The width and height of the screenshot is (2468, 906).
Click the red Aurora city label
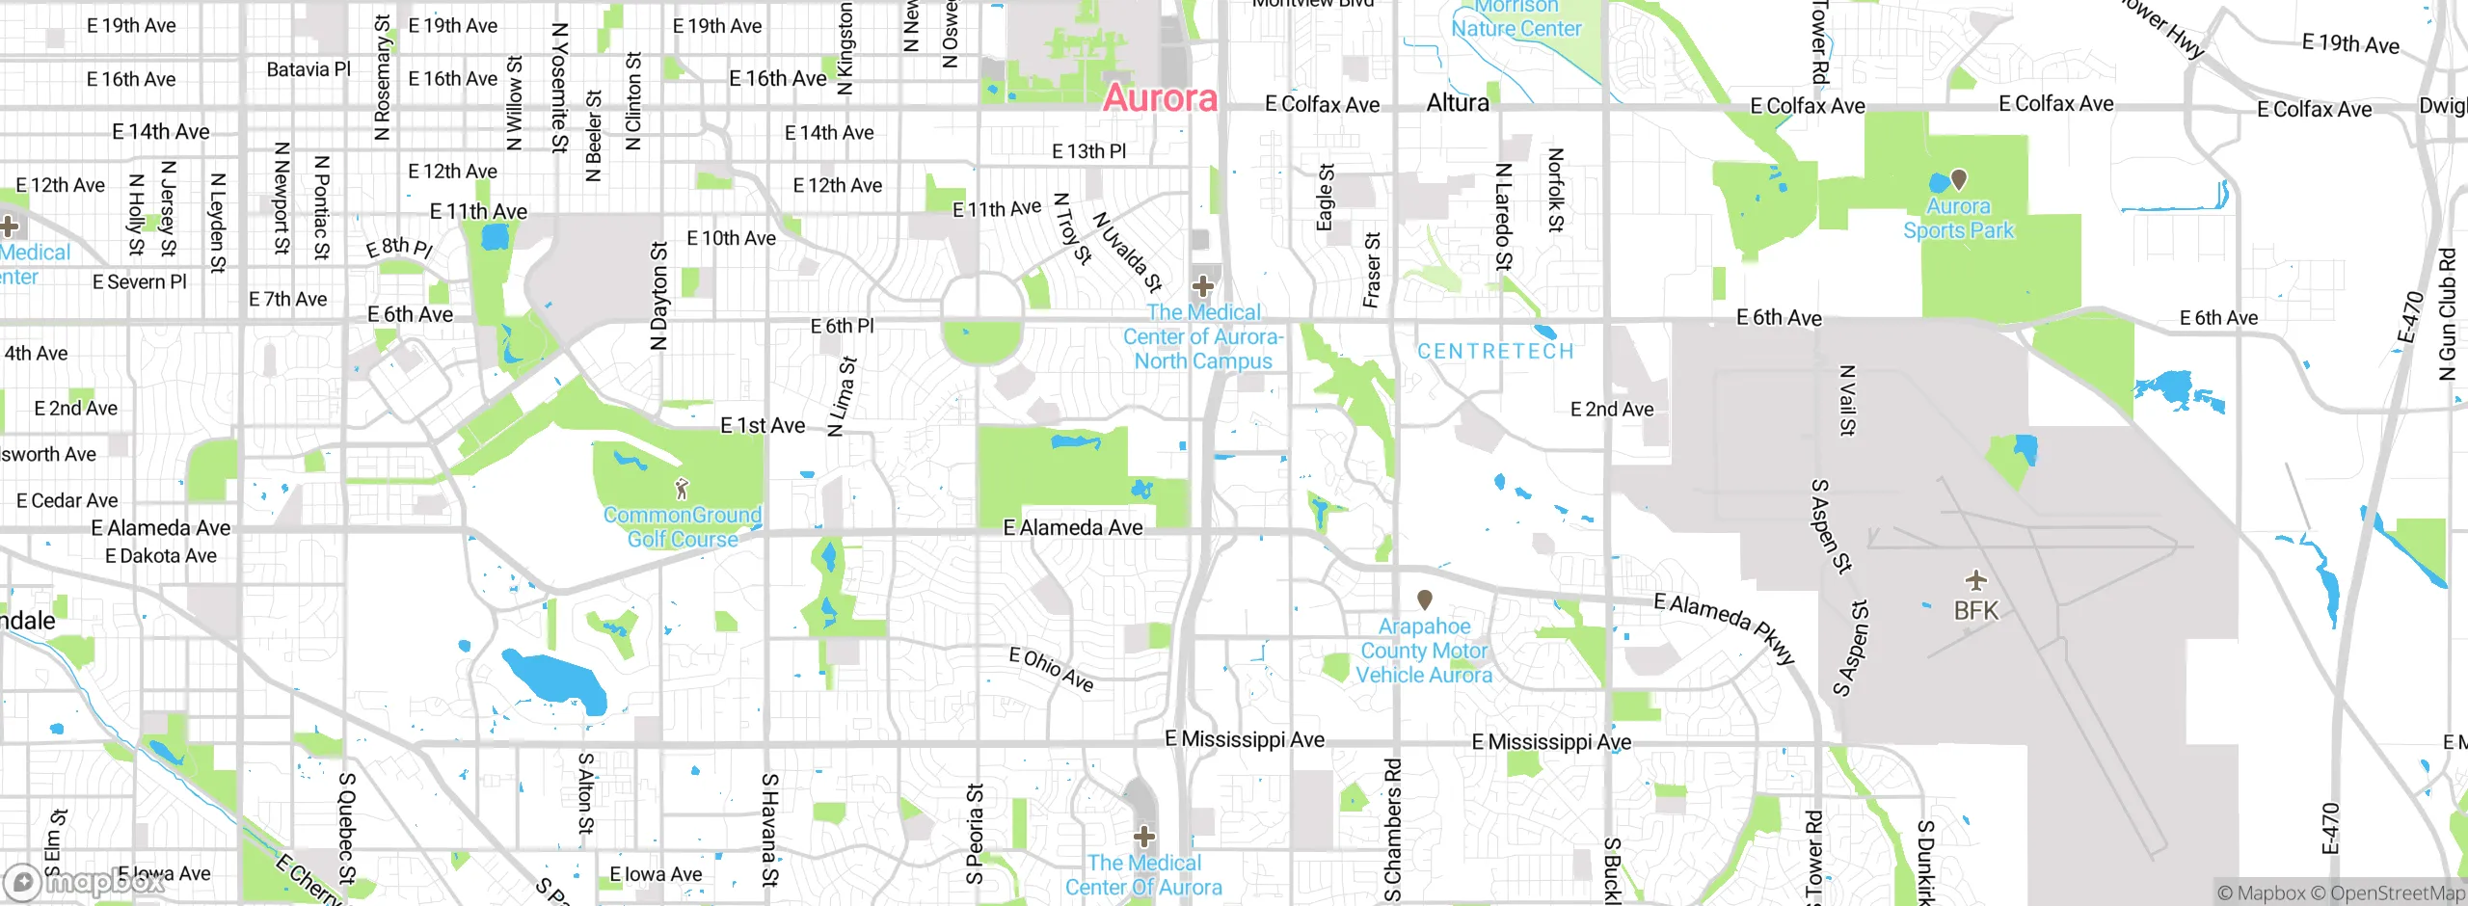point(1160,98)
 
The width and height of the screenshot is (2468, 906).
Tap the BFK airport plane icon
point(1976,579)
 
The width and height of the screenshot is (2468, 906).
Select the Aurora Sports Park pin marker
point(1958,179)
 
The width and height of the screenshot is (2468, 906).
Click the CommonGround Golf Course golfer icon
point(682,489)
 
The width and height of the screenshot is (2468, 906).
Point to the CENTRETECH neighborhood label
point(1495,352)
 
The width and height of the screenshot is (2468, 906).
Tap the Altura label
point(1458,103)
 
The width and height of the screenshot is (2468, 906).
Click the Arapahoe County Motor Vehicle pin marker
point(1425,600)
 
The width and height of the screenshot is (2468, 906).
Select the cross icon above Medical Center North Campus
point(1202,285)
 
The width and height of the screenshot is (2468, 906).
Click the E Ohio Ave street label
point(1051,670)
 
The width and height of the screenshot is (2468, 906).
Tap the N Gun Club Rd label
point(2447,315)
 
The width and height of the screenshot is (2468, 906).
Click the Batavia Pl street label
point(308,69)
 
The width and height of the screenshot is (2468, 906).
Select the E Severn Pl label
point(140,282)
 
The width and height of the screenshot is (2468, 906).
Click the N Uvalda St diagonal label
point(1127,252)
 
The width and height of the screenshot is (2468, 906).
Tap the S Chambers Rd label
point(1393,829)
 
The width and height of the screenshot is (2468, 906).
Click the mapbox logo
point(85,881)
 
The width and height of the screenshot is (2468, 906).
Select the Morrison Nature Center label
point(1516,17)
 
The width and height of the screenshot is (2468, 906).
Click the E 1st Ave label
point(763,426)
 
